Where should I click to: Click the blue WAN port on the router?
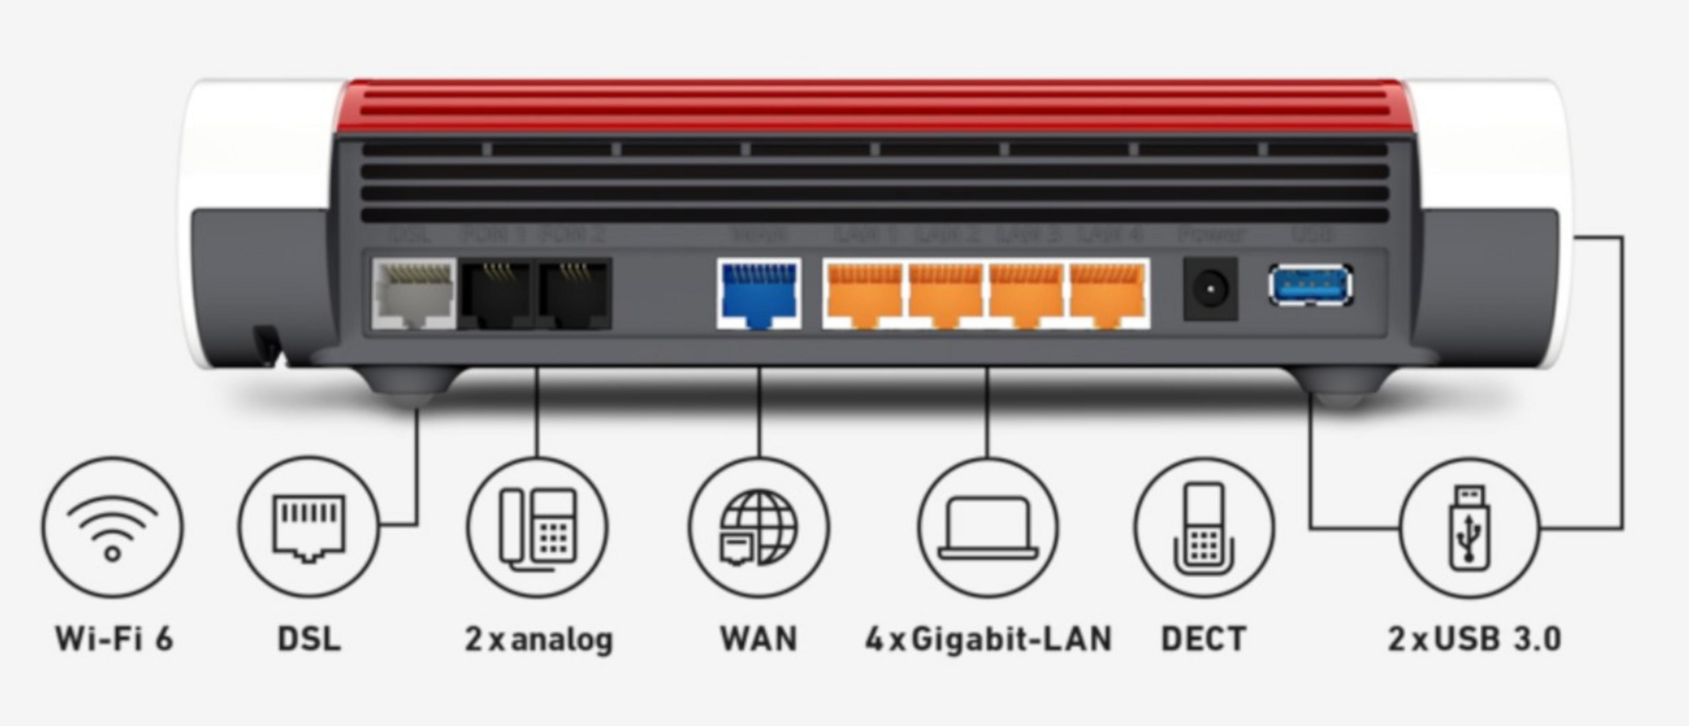pos(759,293)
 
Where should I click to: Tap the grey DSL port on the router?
pos(413,293)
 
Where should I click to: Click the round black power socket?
pos(1210,289)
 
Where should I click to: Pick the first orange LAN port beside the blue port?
pos(864,293)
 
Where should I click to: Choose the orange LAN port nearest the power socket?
pos(1108,293)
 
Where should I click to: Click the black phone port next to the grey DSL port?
pos(496,293)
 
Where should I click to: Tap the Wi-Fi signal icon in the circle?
pos(113,528)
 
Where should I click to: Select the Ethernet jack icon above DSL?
pos(308,528)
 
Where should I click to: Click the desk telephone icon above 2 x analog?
pos(537,528)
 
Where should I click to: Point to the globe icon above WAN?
pos(759,528)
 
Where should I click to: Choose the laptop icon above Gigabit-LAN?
pos(988,528)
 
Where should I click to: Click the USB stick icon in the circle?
pos(1469,528)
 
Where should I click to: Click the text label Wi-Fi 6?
pos(114,639)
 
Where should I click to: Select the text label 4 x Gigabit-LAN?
pos(988,639)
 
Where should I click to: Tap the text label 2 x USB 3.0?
pos(1474,639)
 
